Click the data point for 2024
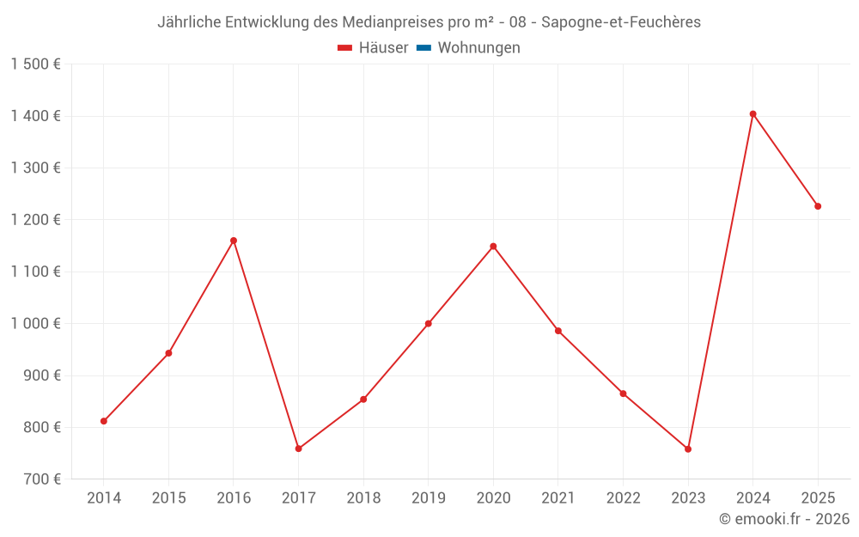point(752,113)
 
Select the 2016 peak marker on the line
point(234,241)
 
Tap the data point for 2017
point(298,449)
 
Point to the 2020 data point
point(493,247)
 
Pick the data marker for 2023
point(688,449)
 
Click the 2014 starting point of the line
point(104,421)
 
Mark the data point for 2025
point(818,206)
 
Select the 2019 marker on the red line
point(428,324)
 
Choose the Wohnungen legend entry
point(478,48)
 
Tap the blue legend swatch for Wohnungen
point(423,48)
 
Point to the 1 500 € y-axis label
point(35,64)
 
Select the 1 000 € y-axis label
point(35,324)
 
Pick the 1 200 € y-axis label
point(35,220)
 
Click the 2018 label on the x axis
point(363,498)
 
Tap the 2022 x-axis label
point(623,498)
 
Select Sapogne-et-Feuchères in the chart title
point(620,22)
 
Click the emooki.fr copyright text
point(783,519)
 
